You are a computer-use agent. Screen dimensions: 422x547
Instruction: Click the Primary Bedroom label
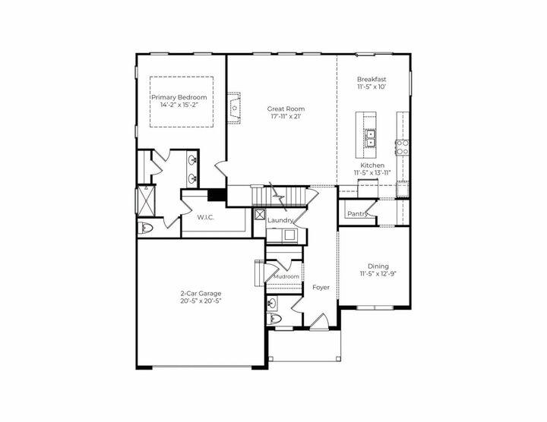coord(179,98)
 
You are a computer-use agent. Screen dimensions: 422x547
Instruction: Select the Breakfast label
coord(372,79)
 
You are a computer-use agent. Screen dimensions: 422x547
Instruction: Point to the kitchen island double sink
coord(371,137)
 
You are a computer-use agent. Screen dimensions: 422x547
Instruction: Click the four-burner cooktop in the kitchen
coord(402,146)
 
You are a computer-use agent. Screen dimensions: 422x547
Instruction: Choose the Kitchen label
coord(372,165)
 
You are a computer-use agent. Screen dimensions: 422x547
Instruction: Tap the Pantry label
coord(357,214)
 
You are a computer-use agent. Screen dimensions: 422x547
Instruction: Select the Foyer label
coord(320,288)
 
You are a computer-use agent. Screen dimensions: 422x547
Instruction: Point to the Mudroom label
coord(286,277)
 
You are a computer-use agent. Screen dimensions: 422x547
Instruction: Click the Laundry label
coord(280,220)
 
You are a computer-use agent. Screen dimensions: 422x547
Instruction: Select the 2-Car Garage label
coord(201,293)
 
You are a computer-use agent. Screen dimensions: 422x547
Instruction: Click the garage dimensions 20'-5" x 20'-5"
coord(201,301)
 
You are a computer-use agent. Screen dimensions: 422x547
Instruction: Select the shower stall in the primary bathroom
coord(142,200)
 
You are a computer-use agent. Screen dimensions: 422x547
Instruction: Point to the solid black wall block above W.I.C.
coord(217,195)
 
